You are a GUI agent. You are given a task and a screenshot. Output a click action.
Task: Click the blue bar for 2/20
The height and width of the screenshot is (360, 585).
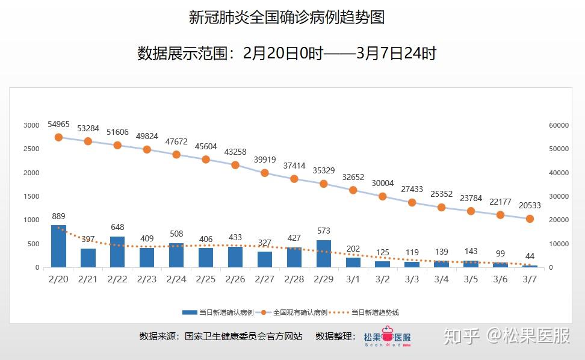click(58, 246)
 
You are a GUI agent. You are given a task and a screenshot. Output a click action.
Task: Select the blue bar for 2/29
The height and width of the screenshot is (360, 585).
click(324, 253)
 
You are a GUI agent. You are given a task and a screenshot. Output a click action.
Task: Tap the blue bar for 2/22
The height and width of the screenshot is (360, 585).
click(117, 252)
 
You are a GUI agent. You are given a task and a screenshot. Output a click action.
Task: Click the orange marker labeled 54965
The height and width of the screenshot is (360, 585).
click(58, 137)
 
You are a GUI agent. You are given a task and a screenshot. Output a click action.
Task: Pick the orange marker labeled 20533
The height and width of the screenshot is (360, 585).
click(530, 219)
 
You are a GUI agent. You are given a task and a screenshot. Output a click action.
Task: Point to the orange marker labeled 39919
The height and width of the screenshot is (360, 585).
click(265, 173)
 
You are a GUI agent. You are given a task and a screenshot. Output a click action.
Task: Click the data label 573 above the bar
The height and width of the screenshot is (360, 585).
click(324, 231)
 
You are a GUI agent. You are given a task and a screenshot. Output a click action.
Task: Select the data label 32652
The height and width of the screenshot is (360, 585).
click(353, 177)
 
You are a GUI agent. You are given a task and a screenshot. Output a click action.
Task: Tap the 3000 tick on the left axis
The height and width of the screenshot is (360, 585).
click(31, 125)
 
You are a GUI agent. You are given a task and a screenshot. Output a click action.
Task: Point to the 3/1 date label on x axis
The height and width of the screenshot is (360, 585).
click(353, 279)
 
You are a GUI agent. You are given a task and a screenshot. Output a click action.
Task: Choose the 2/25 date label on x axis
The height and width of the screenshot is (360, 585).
click(206, 279)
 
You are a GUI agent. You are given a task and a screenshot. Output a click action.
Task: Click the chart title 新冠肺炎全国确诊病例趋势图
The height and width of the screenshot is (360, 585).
click(286, 17)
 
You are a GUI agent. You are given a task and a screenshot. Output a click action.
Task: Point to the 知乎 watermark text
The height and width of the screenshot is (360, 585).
click(462, 336)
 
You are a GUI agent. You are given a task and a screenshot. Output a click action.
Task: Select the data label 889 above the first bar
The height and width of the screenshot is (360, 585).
click(58, 216)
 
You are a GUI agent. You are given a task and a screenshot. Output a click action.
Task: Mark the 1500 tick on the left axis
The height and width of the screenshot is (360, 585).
click(31, 196)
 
